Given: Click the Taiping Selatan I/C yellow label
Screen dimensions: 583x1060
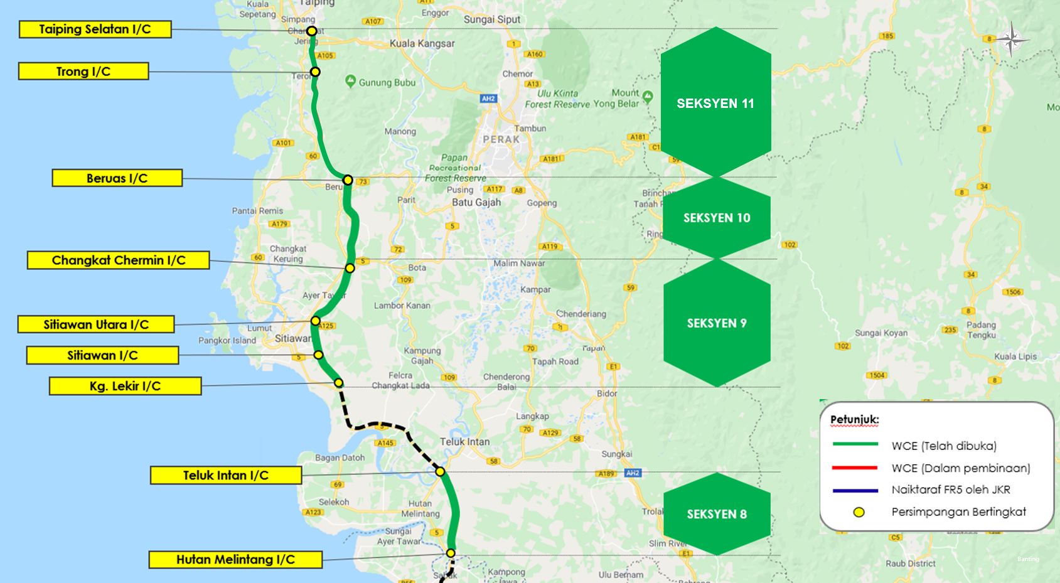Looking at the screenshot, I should tap(95, 29).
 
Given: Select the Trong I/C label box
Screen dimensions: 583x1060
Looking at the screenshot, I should tap(83, 72).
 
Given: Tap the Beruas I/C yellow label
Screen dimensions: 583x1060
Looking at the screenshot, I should tap(117, 178).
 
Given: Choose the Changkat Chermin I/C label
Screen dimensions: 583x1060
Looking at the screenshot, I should tap(118, 260).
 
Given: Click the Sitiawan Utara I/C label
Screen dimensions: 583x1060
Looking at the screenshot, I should tap(96, 324).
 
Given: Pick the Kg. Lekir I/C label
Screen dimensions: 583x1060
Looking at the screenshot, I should tap(125, 386).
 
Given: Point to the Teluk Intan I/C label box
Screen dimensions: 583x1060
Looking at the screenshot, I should tap(226, 476).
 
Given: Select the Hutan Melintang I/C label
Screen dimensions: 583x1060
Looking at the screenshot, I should tap(235, 560).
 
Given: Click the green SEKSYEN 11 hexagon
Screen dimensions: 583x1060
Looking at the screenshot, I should tap(715, 103).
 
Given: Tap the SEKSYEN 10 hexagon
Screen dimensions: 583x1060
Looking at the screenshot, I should tap(717, 218).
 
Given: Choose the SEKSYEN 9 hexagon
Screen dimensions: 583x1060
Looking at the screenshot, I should tap(717, 323).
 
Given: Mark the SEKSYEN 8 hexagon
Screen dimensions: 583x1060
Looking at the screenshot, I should tap(717, 514).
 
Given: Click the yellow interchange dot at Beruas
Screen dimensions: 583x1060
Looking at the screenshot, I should tap(348, 180).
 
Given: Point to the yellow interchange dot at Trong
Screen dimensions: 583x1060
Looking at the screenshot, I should tap(315, 72).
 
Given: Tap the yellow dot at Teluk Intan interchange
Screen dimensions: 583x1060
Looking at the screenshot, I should tap(440, 471).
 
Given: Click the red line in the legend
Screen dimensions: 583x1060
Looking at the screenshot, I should tap(855, 468).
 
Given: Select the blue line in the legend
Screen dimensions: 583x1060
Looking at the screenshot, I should tap(855, 490).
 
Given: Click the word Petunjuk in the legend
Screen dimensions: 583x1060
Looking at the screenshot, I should tap(854, 420).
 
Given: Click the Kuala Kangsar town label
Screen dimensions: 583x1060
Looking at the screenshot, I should tap(422, 44).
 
